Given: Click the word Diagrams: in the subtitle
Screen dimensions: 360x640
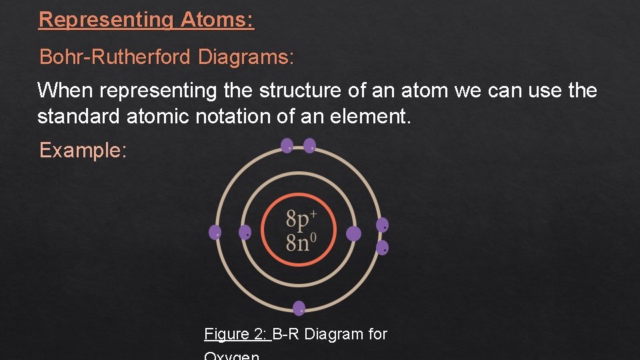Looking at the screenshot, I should click(245, 57).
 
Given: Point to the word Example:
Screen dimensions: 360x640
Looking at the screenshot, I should click(83, 151).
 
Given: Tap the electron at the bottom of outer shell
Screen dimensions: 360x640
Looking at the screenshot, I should click(299, 308).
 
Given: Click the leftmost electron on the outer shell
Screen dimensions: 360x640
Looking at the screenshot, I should click(215, 232).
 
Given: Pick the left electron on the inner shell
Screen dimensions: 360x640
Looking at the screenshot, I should click(245, 232).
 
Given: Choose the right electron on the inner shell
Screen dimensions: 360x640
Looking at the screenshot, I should click(354, 233).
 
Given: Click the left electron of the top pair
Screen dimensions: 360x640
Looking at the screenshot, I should click(287, 145).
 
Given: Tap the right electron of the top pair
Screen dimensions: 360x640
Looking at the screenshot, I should click(309, 145).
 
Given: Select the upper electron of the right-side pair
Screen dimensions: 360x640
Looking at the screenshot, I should click(382, 225).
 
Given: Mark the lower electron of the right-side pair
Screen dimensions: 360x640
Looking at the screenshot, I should click(382, 247).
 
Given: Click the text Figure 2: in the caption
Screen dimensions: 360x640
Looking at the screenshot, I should click(237, 334).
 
